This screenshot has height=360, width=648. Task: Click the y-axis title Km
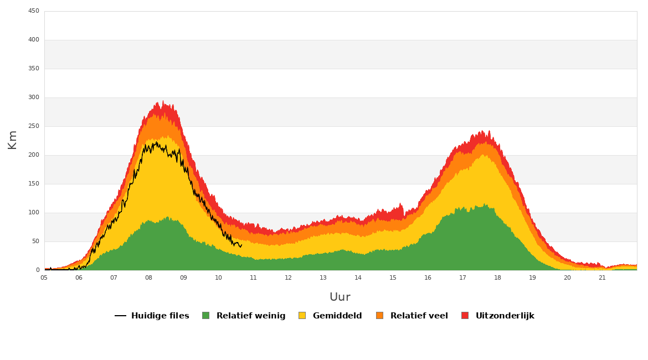(12, 140)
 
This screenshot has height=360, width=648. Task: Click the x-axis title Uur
(340, 297)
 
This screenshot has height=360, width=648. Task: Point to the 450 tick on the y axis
(34, 11)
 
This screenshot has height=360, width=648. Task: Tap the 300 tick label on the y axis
(34, 97)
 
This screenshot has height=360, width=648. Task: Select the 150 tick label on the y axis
(34, 184)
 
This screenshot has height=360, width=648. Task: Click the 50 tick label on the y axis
(35, 241)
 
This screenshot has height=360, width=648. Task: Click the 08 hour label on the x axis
(148, 277)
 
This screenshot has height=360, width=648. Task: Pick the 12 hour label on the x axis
(288, 277)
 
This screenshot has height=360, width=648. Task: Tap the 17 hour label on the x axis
(462, 277)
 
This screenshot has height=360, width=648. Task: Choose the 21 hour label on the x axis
(602, 277)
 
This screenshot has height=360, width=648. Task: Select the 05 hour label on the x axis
(44, 277)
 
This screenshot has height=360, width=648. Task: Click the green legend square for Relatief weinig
(205, 316)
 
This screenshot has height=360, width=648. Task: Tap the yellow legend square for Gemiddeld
(302, 316)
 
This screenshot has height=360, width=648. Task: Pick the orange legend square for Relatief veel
(379, 316)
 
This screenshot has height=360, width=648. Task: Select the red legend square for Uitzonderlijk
(465, 316)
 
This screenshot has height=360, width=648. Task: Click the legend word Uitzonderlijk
(505, 316)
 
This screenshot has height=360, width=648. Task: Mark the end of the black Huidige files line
(241, 244)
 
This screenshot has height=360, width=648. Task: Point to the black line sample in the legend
(120, 316)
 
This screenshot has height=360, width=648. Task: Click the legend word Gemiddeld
(337, 316)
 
